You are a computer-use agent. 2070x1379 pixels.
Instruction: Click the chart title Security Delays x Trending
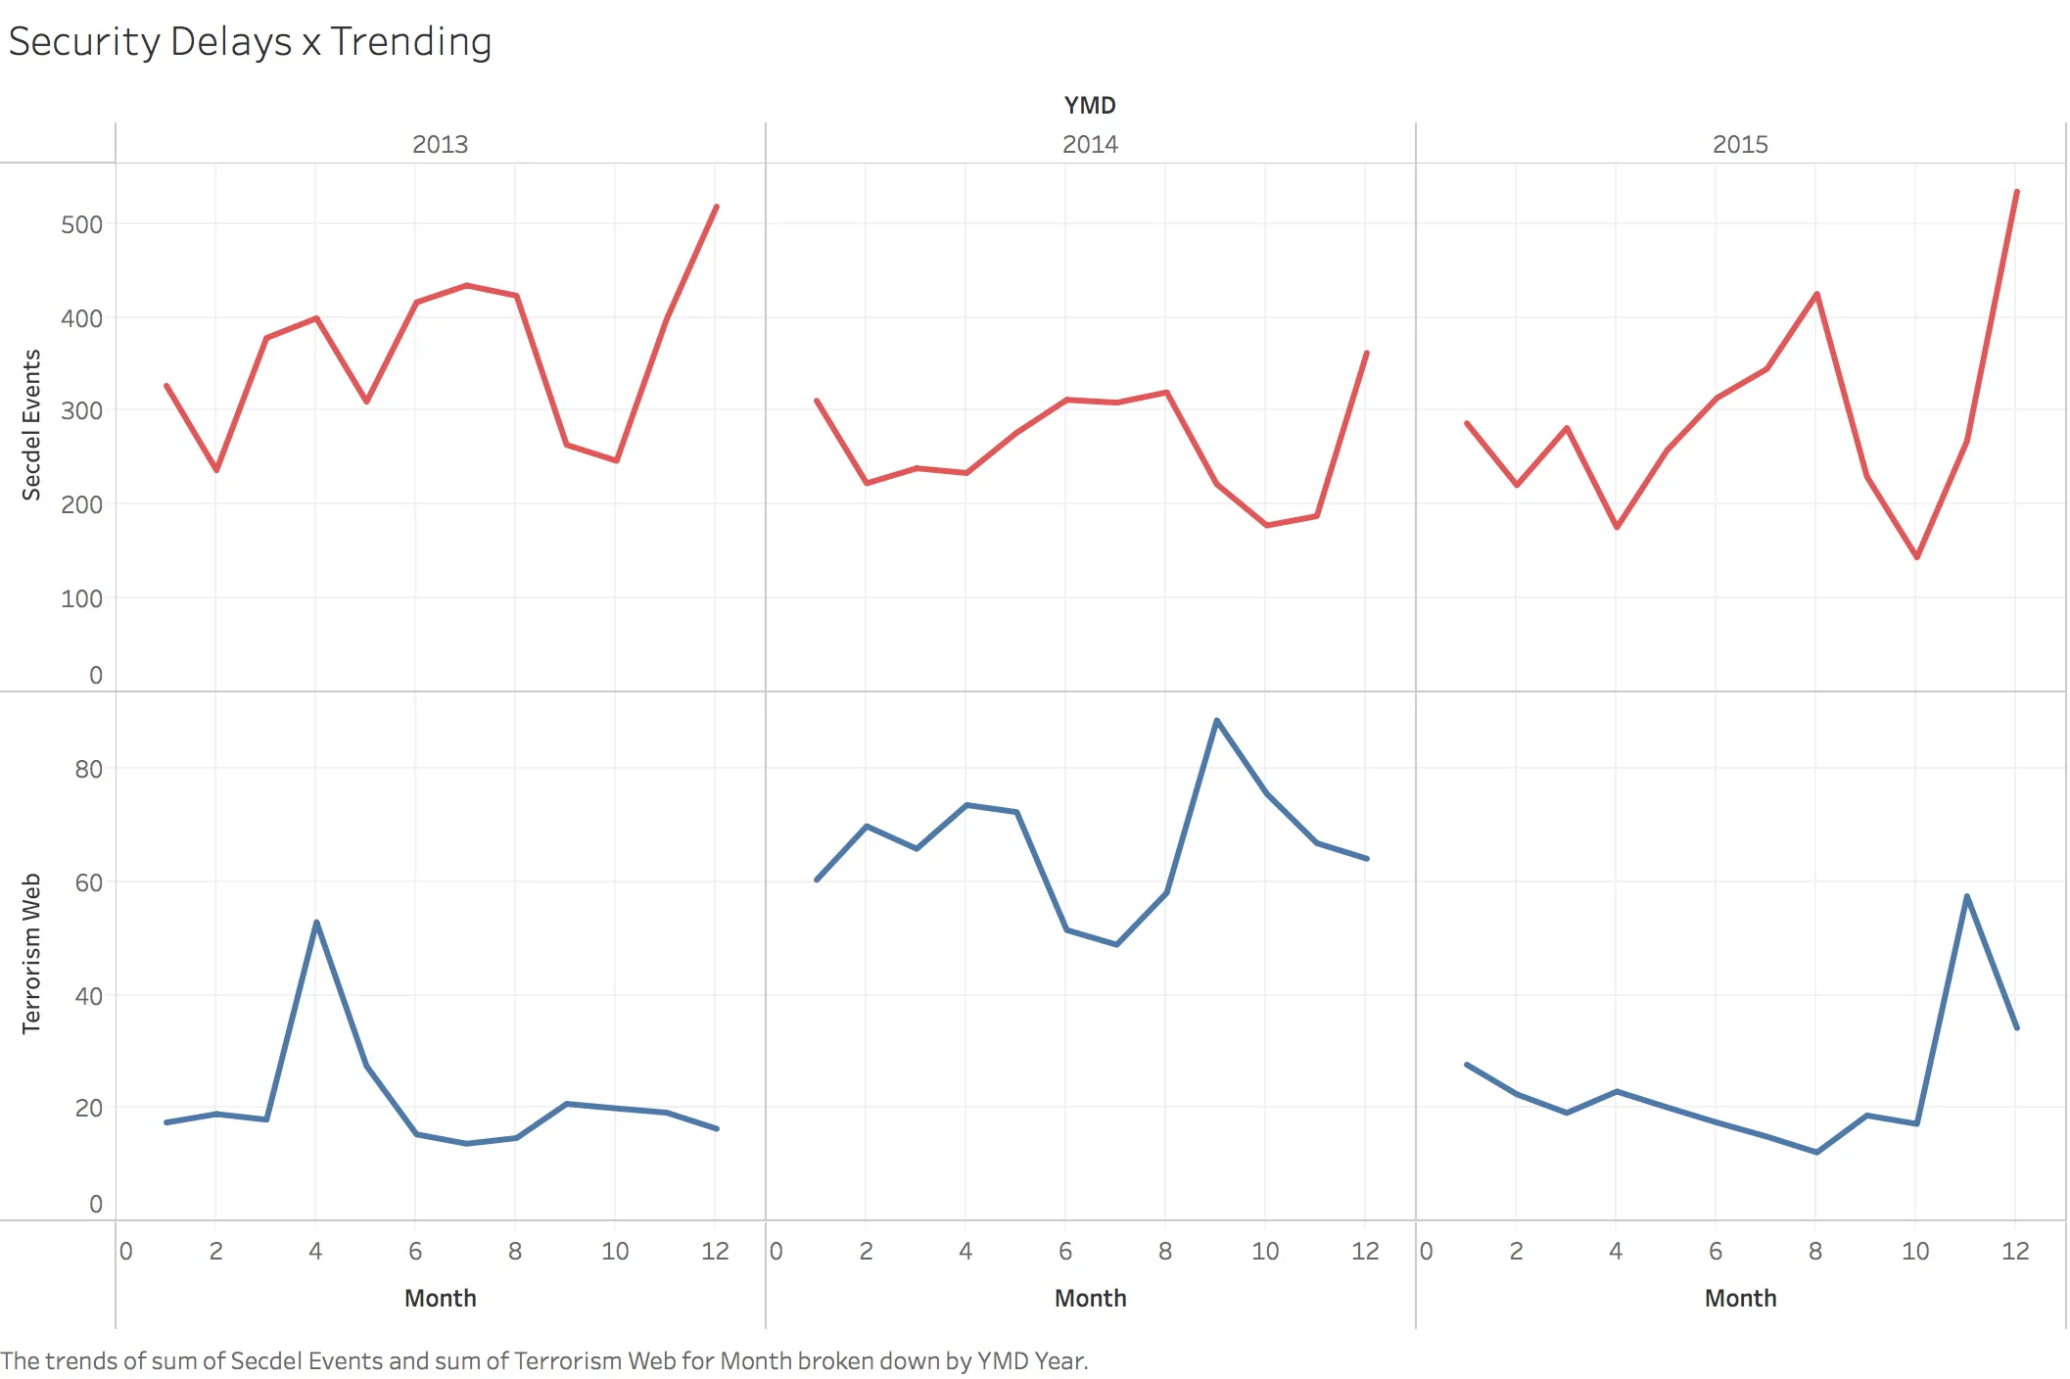(x=250, y=42)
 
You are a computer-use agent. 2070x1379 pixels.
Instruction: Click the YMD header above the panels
(x=1089, y=105)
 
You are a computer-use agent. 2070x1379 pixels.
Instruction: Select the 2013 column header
(x=440, y=144)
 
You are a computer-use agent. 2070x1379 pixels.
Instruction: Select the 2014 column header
(x=1089, y=144)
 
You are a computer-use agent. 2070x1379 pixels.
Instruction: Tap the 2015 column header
(x=1739, y=144)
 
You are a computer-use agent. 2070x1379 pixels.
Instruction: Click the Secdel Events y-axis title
(x=31, y=425)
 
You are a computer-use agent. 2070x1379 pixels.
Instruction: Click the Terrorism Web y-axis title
(x=31, y=953)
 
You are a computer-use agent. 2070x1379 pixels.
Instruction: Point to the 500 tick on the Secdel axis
(x=81, y=224)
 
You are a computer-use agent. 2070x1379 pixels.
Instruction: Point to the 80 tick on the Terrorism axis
(x=88, y=769)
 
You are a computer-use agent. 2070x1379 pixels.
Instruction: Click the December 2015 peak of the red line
(x=2016, y=192)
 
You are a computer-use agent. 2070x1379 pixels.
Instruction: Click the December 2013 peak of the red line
(x=717, y=207)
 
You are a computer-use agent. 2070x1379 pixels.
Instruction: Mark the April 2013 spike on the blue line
(x=316, y=922)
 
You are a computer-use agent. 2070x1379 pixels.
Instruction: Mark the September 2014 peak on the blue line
(x=1216, y=721)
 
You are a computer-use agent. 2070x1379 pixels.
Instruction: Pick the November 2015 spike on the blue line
(x=1966, y=896)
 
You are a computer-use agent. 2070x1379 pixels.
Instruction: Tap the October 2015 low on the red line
(x=1916, y=557)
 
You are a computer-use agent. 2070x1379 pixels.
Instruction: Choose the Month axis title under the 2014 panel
(x=1089, y=1298)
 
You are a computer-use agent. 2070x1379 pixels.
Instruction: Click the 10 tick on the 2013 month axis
(x=615, y=1251)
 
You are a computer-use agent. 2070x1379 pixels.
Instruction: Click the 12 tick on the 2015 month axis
(x=2015, y=1251)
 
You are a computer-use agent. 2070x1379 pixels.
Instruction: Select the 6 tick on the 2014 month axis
(x=1065, y=1251)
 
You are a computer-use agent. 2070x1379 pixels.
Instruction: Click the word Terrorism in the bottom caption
(x=567, y=1360)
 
